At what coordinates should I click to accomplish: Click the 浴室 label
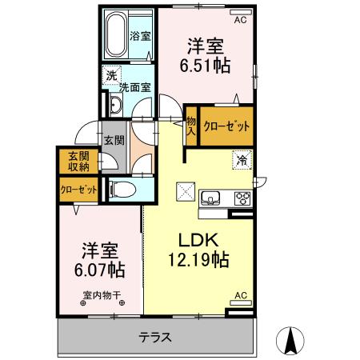[141, 34]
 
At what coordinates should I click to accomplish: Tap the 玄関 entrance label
[113, 140]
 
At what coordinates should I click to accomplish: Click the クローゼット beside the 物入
[226, 126]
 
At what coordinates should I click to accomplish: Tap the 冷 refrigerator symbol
[240, 160]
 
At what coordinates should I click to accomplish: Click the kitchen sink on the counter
[213, 198]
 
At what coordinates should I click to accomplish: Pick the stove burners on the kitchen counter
[241, 198]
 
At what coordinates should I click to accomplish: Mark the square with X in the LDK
[186, 191]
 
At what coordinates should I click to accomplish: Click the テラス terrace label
[154, 336]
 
